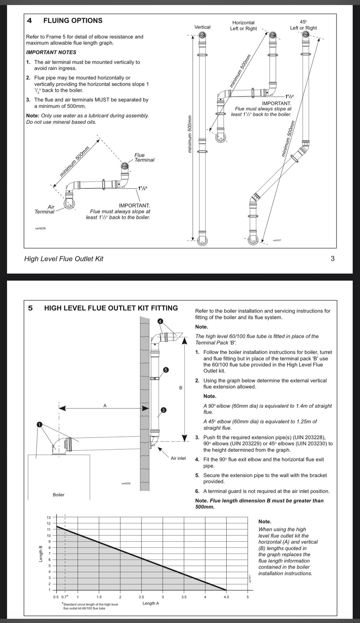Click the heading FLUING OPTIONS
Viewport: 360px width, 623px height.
point(73,21)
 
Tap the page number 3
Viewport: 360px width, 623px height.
point(332,259)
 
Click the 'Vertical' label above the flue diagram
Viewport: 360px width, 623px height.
point(202,27)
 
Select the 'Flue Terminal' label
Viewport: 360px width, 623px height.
point(144,157)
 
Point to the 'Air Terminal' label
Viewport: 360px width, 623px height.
point(44,209)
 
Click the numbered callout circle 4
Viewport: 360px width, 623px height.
point(160,321)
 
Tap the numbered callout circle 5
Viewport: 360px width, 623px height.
point(166,370)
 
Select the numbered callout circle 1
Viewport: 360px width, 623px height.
point(39,424)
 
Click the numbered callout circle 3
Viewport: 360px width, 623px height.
point(163,410)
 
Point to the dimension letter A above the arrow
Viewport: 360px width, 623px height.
point(105,405)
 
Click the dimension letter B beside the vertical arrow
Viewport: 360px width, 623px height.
point(180,387)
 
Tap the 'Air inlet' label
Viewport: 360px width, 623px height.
point(178,458)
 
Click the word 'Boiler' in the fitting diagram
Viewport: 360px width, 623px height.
point(58,495)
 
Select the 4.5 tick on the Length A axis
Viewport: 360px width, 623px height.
point(226,597)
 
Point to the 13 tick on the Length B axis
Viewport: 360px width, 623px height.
point(49,517)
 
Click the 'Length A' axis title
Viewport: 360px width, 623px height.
point(151,603)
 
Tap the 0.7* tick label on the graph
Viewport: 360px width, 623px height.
point(65,597)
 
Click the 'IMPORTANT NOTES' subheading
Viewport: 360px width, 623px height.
point(51,52)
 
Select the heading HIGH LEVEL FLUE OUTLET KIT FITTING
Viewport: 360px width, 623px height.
point(111,308)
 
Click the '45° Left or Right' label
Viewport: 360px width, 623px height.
point(303,25)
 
